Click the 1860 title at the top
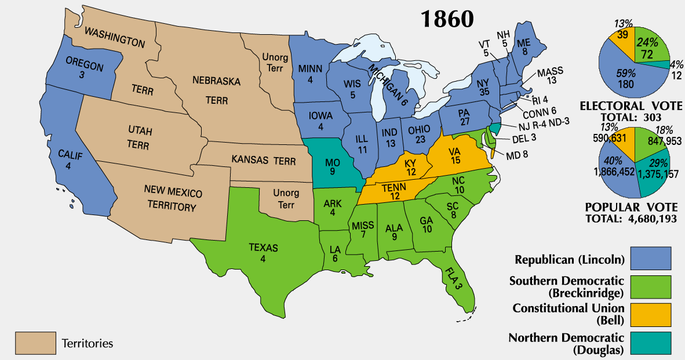tap(447, 19)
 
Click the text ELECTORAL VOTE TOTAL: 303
tap(635, 111)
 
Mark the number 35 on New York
tap(483, 91)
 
